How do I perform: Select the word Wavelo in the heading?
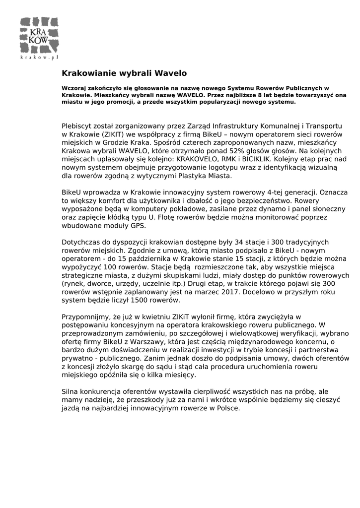171,73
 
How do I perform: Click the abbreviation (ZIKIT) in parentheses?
117,134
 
